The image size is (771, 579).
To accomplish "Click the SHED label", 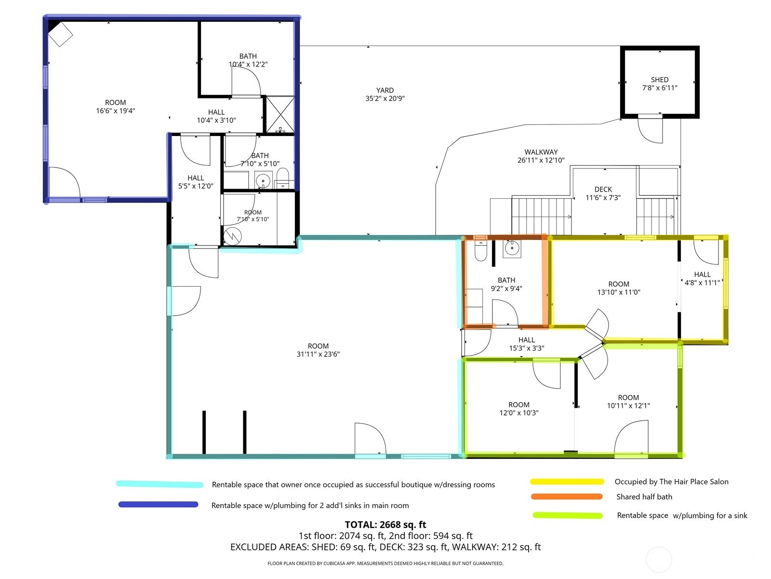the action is (659, 80).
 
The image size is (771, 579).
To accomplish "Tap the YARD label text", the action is (385, 90).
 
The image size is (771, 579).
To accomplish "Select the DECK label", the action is (603, 189).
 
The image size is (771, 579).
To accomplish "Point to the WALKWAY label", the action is (541, 152).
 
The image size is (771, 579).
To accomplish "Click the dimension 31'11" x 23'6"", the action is (318, 354).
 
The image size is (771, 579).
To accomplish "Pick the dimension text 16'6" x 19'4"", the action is (115, 111).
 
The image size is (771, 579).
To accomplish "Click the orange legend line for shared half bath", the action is (567, 496).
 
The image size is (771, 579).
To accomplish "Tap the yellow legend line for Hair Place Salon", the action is (567, 481).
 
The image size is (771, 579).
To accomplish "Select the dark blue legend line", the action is (158, 505).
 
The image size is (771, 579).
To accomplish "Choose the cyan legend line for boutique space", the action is (160, 484).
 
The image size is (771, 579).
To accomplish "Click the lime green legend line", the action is (567, 515).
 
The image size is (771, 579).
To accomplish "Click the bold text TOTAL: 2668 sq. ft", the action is (385, 524).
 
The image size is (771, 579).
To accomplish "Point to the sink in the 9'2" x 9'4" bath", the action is (512, 248).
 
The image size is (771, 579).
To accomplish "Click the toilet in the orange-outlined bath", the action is (480, 250).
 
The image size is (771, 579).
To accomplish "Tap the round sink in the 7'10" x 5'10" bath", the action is (263, 180).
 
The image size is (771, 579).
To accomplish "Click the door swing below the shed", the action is (650, 130).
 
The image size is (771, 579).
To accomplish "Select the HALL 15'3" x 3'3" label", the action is (526, 344).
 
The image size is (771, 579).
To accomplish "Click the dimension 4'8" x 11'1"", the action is (702, 283).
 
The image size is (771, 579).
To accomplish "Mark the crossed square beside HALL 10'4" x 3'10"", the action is (280, 115).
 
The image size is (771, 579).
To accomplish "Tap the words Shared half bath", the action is (644, 497).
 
